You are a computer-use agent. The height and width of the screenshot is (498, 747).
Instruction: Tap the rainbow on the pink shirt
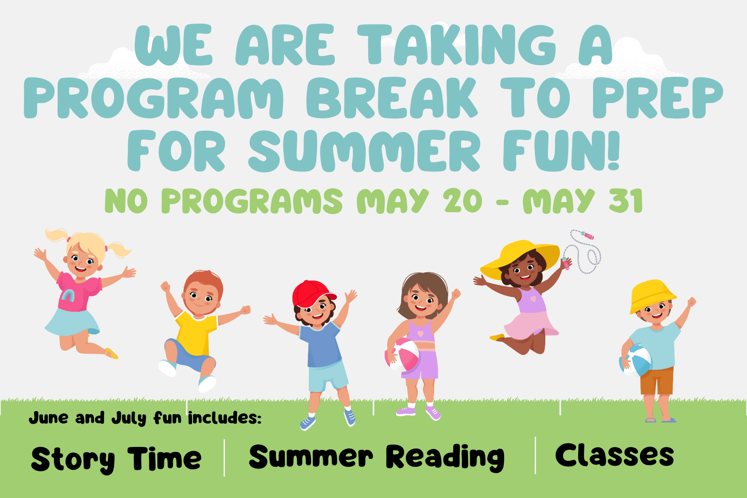(68, 295)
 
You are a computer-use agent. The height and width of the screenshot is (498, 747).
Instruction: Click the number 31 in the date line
(626, 201)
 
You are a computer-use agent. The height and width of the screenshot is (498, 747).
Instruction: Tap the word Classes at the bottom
(614, 455)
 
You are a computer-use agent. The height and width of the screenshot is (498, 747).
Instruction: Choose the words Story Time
(116, 459)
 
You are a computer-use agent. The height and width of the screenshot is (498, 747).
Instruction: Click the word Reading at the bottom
(445, 457)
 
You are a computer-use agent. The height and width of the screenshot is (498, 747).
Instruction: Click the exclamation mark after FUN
(614, 151)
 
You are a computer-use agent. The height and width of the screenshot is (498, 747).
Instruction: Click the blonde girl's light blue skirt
(73, 322)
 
